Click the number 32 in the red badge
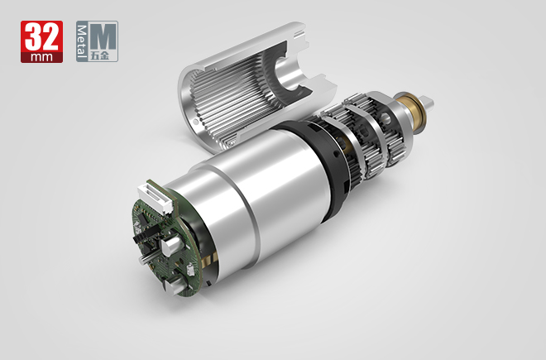(42, 36)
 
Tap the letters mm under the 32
(41, 57)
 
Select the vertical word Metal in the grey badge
(81, 41)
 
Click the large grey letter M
(103, 36)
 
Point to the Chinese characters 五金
(100, 56)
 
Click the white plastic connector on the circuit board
(156, 198)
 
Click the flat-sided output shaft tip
(427, 103)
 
